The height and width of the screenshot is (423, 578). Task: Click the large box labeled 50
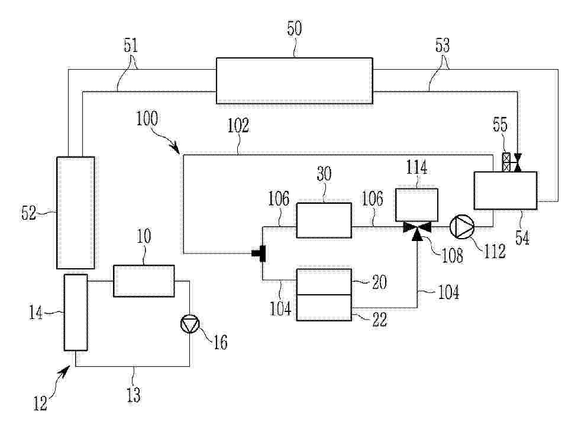(x=294, y=80)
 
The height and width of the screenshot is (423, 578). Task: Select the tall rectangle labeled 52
(x=76, y=213)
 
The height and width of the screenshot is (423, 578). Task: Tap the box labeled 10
(x=144, y=281)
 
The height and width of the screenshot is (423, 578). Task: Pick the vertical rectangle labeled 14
(x=76, y=312)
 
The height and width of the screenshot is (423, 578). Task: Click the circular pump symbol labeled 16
(x=190, y=324)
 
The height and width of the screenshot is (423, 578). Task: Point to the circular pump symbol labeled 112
(x=462, y=227)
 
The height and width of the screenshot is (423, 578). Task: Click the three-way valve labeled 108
(x=417, y=230)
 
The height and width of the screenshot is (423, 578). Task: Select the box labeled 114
(x=416, y=205)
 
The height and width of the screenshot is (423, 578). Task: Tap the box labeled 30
(x=324, y=220)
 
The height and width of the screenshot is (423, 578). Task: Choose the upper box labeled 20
(x=324, y=282)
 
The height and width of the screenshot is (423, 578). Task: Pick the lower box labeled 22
(x=324, y=307)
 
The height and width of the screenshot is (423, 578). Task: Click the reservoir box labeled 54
(x=505, y=190)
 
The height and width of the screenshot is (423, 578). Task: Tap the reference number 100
(x=147, y=119)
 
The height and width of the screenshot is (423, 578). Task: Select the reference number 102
(x=238, y=125)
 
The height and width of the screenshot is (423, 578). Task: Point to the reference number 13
(x=134, y=395)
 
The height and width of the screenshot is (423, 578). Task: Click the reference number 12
(x=40, y=403)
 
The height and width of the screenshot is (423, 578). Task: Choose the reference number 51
(x=131, y=45)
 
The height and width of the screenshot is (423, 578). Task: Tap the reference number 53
(x=443, y=45)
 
